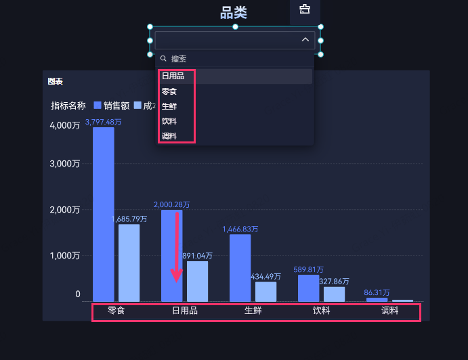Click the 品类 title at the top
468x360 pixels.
click(x=234, y=13)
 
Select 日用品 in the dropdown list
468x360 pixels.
click(x=173, y=76)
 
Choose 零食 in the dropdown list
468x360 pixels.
click(x=169, y=91)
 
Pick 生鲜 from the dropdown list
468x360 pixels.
click(x=169, y=106)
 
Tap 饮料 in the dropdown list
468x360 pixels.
click(x=169, y=121)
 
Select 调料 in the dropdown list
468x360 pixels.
click(x=169, y=136)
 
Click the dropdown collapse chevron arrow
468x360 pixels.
click(x=305, y=41)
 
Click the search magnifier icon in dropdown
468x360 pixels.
click(x=163, y=59)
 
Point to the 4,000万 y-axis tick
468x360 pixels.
click(x=65, y=125)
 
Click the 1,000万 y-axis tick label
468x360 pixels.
click(x=65, y=256)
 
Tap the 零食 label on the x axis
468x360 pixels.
click(x=116, y=311)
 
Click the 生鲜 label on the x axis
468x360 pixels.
click(x=253, y=311)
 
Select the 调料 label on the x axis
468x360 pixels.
click(x=390, y=311)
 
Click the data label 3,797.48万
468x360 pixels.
click(x=103, y=122)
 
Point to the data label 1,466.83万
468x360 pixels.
click(x=240, y=229)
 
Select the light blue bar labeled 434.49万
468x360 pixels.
click(x=265, y=292)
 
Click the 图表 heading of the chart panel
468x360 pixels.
click(x=56, y=81)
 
